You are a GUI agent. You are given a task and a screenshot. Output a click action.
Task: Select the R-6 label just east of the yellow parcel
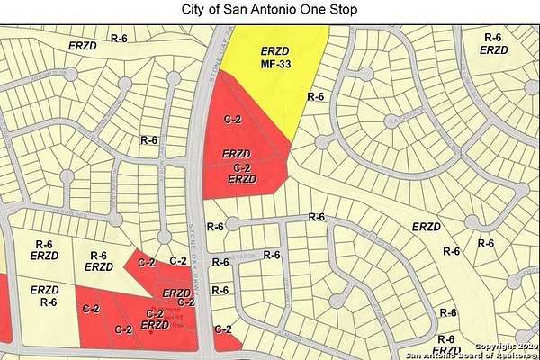316,96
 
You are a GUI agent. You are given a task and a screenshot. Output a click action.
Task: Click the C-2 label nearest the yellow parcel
232,118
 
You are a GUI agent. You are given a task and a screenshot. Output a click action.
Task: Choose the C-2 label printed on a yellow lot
178,261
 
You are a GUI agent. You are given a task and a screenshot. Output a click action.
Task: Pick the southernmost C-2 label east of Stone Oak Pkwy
224,329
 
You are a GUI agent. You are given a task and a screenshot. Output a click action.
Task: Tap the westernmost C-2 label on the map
124,330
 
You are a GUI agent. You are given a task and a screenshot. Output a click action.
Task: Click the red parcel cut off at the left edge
4,306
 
